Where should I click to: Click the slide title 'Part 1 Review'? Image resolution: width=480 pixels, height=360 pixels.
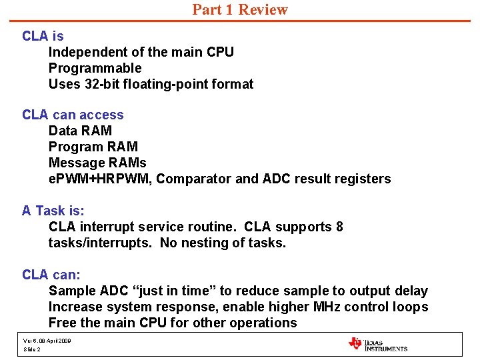(x=240, y=10)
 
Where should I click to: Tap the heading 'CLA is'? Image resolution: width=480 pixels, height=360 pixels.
(x=43, y=36)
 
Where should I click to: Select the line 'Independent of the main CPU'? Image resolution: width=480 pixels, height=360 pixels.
(x=141, y=52)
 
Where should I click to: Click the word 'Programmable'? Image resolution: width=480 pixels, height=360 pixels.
(x=95, y=68)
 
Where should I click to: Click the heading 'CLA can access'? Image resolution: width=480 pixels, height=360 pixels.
(x=73, y=115)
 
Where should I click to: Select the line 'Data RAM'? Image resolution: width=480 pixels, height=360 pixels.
(x=80, y=131)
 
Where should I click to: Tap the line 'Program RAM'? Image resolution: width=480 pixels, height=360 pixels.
(x=93, y=147)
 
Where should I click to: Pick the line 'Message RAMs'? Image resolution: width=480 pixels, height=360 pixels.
(x=97, y=163)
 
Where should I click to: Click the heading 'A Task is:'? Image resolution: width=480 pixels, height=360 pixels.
(x=53, y=211)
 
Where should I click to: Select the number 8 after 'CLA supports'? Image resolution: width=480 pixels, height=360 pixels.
(x=339, y=227)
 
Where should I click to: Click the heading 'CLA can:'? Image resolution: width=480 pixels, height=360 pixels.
(x=51, y=275)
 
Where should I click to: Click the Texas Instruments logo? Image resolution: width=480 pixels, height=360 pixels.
(x=377, y=344)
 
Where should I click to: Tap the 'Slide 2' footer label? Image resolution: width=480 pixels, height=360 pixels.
(x=32, y=349)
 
